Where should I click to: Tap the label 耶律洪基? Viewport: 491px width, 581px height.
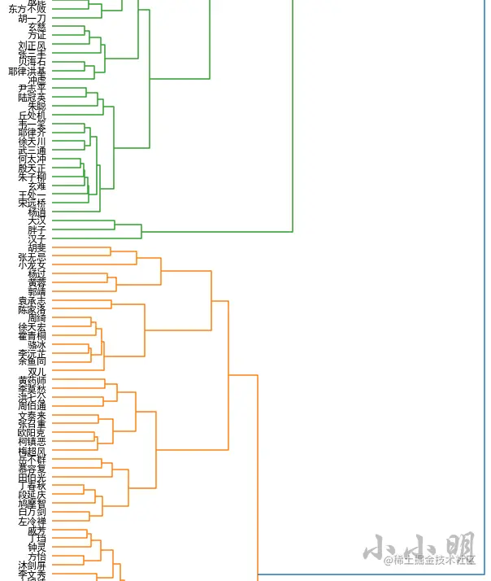pos(28,72)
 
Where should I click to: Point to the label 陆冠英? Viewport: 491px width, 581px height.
pos(33,97)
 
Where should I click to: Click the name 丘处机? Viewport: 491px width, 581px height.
pos(33,116)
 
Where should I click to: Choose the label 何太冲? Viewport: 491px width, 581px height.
pos(33,159)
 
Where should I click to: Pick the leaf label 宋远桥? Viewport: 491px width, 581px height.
pos(33,203)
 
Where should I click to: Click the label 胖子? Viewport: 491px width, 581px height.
pos(37,230)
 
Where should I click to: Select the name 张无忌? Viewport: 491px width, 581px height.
pos(33,256)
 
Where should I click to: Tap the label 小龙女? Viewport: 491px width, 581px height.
pos(33,265)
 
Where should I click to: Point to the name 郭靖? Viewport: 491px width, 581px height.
pos(37,291)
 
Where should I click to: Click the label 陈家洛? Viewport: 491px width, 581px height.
pos(33,310)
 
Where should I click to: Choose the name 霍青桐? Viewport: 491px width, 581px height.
pos(33,335)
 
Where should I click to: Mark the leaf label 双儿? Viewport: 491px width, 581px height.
pos(37,371)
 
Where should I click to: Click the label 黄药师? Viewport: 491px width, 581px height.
pos(33,380)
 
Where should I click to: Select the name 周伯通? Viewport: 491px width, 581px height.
pos(33,405)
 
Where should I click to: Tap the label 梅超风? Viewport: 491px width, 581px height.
pos(33,451)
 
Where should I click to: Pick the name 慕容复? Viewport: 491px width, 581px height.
pos(33,469)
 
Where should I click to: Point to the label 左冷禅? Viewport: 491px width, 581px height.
pos(33,522)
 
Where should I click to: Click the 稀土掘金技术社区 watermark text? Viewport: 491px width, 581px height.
pos(430,560)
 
